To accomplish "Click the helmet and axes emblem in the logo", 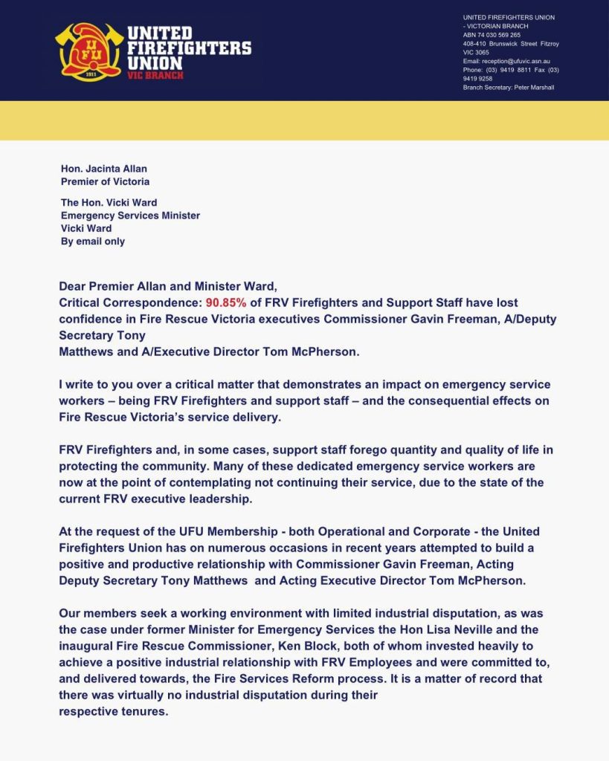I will (88, 51).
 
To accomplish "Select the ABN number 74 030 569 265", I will (499, 35).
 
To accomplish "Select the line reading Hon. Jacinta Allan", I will (103, 169).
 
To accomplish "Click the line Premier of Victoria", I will (105, 181).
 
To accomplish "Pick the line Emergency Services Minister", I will (130, 216).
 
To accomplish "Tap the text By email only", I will (93, 242).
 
